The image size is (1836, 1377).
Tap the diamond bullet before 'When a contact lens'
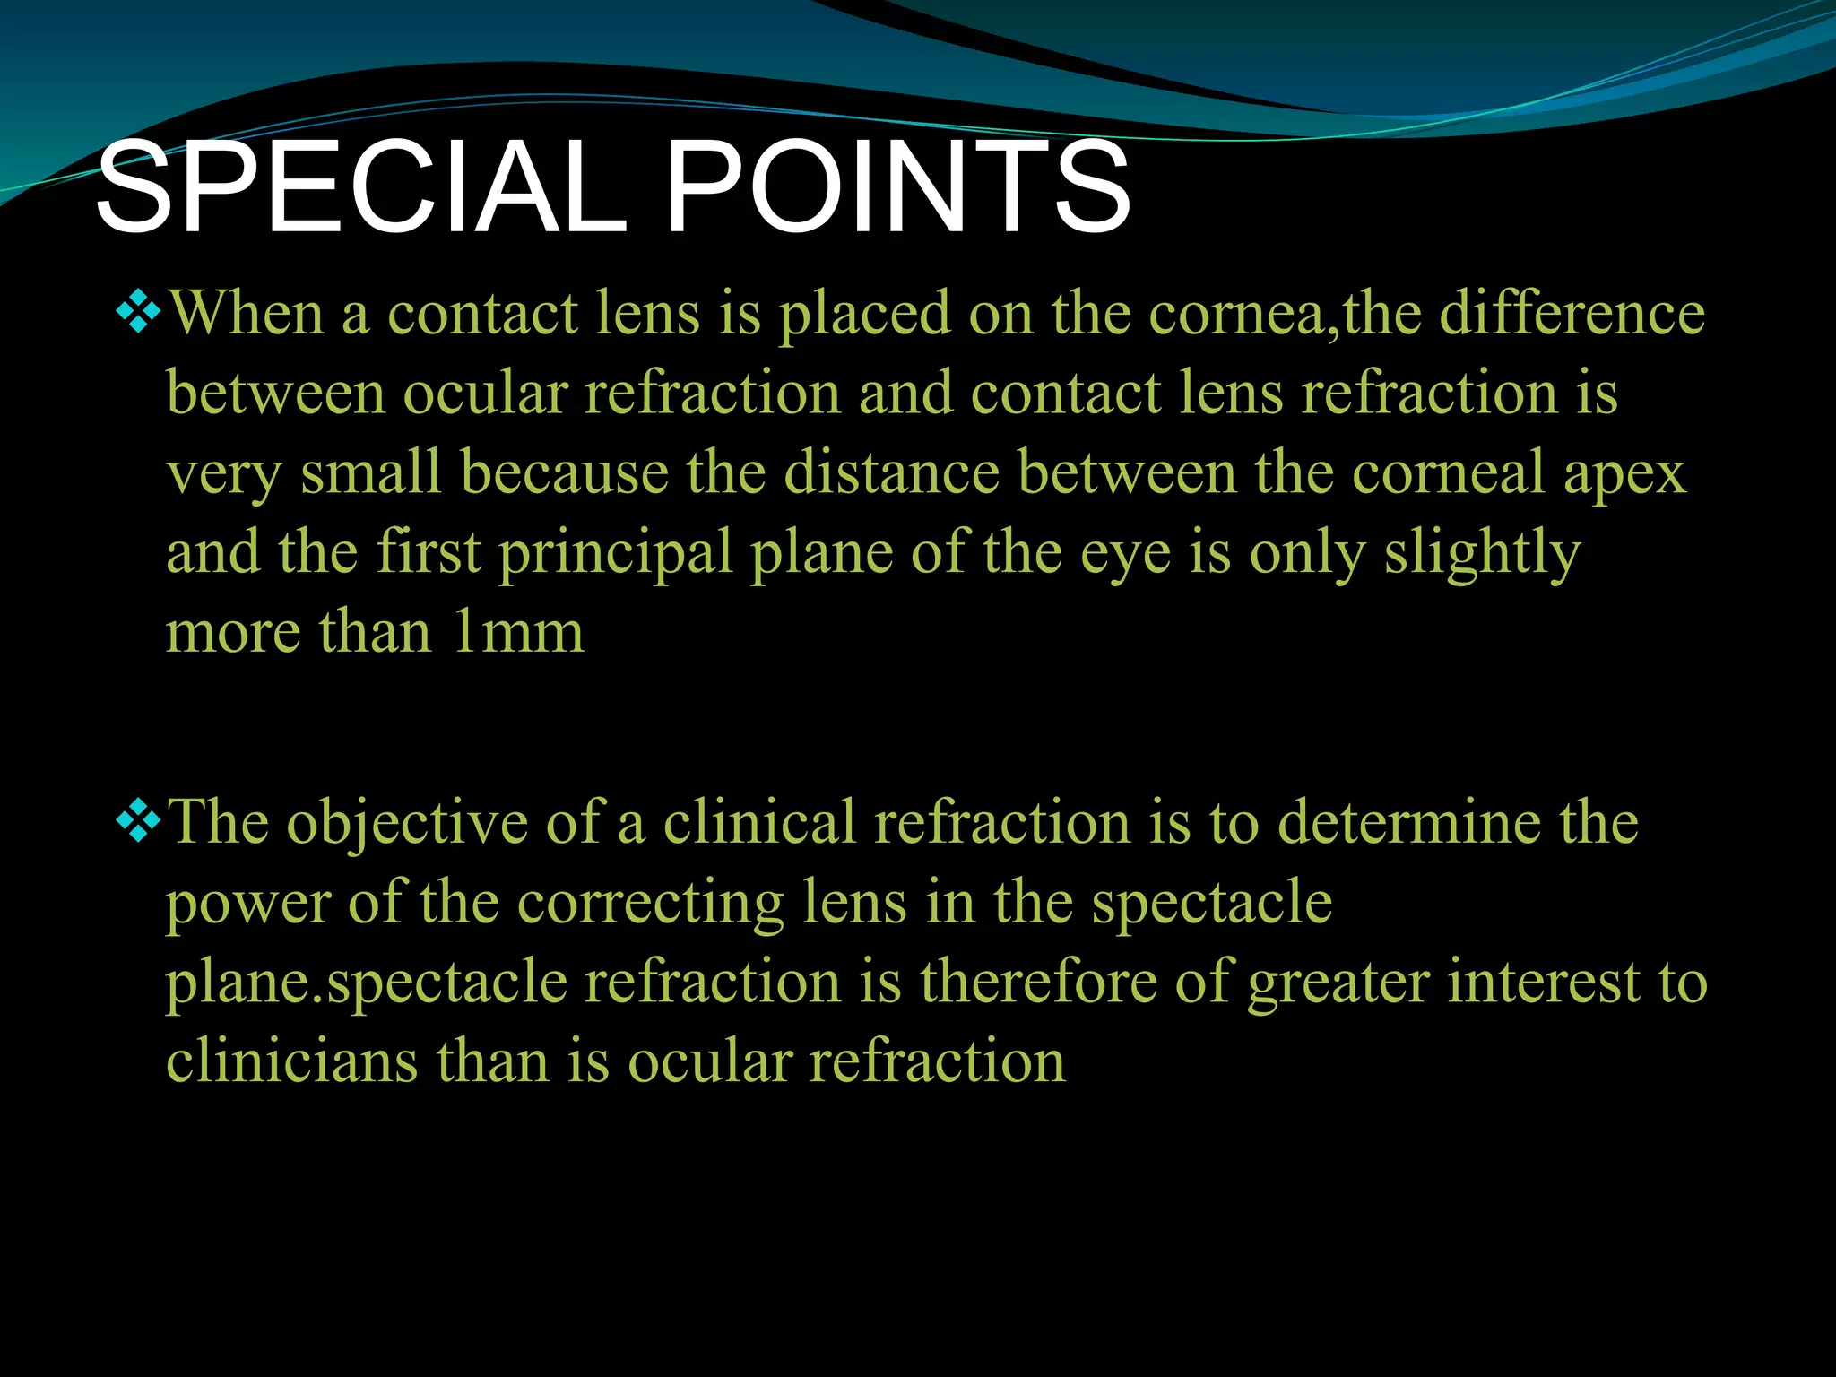pyautogui.click(x=139, y=315)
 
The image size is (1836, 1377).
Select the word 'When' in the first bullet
pyautogui.click(x=247, y=314)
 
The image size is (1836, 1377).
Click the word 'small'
pyautogui.click(x=370, y=472)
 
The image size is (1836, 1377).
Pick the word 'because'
pyautogui.click(x=565, y=472)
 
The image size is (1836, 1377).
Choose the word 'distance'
pyautogui.click(x=891, y=472)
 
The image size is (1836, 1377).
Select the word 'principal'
pyautogui.click(x=616, y=554)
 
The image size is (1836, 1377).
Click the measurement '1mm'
pyautogui.click(x=518, y=632)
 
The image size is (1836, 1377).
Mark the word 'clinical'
pyautogui.click(x=759, y=822)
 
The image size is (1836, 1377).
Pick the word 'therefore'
pyautogui.click(x=1038, y=982)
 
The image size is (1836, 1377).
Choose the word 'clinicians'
pyautogui.click(x=292, y=1061)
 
